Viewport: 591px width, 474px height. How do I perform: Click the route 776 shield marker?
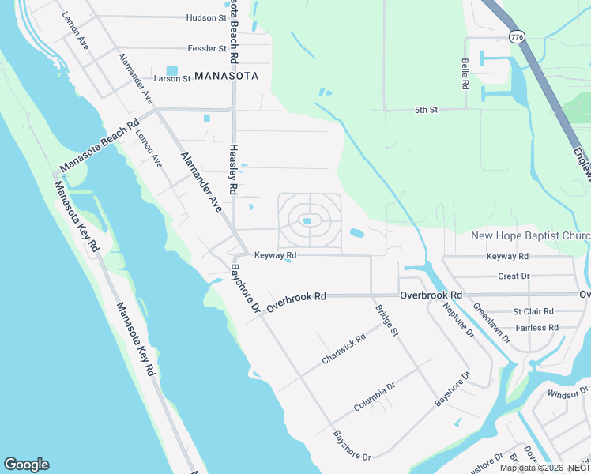coord(517,37)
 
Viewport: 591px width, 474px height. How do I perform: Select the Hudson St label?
coord(205,17)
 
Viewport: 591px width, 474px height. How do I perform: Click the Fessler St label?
coord(207,48)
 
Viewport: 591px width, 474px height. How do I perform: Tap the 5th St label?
coord(426,110)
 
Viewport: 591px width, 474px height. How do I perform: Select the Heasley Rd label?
coord(233,169)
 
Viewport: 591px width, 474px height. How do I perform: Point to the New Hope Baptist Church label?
coord(530,236)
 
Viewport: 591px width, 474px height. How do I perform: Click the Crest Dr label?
coord(514,276)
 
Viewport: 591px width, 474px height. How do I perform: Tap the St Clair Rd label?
coord(533,312)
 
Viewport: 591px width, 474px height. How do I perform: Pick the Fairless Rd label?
coord(536,327)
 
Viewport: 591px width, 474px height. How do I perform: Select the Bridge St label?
coord(387,321)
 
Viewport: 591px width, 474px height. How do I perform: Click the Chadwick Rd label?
coord(344,349)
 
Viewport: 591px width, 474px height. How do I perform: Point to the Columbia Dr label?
coord(374,397)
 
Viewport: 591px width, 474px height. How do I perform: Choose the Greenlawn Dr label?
coord(492,324)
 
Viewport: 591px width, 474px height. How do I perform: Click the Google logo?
coord(26,465)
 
